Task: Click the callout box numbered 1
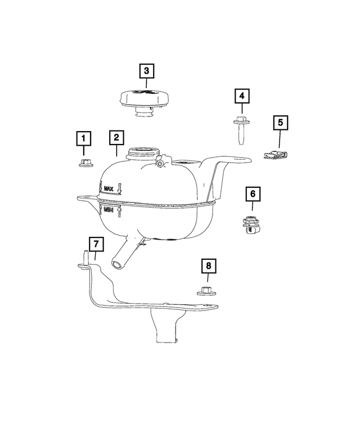coord(83,138)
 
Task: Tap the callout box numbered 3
coord(146,71)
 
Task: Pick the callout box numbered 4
coord(242,97)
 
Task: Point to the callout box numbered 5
coord(280,123)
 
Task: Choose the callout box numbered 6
coord(253,194)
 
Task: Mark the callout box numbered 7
coord(96,244)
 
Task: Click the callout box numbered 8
coord(208,266)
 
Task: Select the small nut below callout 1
coord(83,163)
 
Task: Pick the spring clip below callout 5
coord(276,153)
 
